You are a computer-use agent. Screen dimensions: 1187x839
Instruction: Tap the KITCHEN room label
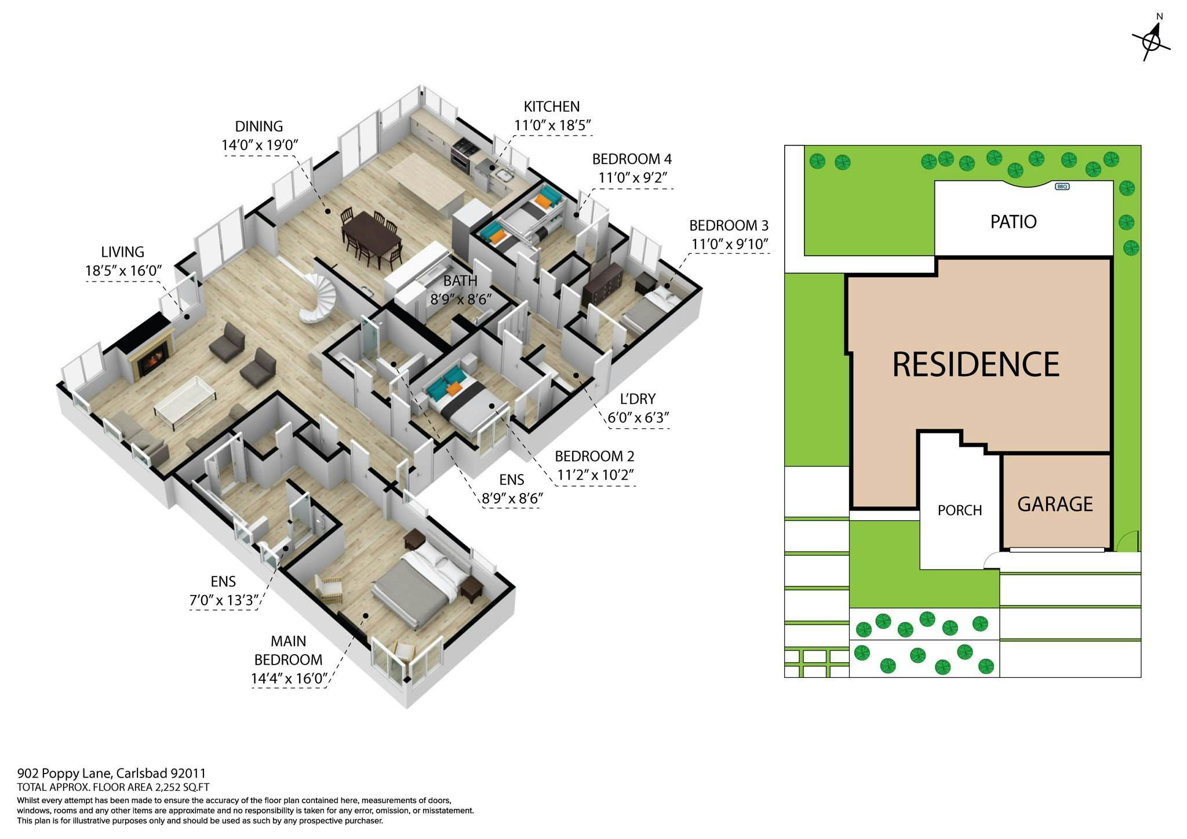(551, 107)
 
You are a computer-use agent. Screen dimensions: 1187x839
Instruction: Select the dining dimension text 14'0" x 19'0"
(260, 145)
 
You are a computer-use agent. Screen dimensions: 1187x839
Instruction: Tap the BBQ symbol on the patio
(1062, 187)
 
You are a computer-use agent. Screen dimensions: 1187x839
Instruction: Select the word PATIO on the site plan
(1013, 221)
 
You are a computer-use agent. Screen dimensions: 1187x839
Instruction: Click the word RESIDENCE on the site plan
(975, 364)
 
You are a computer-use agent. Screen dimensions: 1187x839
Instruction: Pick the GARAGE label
(1055, 504)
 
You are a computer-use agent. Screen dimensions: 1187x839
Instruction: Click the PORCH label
(960, 510)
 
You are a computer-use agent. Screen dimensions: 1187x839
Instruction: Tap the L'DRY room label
(638, 399)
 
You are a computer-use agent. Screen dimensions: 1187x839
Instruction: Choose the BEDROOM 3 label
(729, 225)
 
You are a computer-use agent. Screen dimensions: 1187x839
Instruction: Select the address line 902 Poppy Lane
(112, 774)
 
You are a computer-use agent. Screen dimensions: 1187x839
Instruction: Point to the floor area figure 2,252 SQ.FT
(181, 787)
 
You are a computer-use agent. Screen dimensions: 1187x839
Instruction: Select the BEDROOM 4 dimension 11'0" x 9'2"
(632, 177)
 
